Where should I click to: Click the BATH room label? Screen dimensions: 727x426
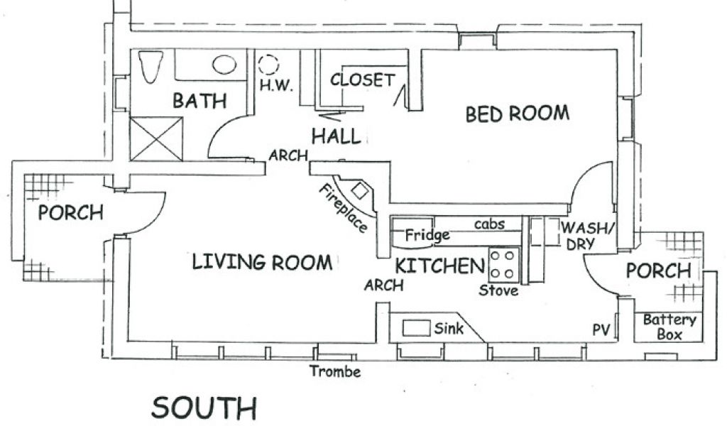click(199, 101)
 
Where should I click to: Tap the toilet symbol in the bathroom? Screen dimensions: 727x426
click(151, 67)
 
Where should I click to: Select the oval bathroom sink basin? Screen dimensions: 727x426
click(224, 65)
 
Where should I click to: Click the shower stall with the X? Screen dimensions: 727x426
click(156, 138)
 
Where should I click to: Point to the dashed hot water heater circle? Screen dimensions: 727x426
click(268, 65)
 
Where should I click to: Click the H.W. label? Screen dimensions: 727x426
click(276, 85)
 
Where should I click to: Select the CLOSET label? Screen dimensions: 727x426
click(362, 80)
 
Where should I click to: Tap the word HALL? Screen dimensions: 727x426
click(336, 136)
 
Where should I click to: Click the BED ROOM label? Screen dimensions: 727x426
click(517, 114)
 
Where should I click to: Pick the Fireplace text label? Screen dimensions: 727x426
click(343, 208)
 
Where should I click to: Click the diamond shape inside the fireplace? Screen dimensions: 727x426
click(360, 190)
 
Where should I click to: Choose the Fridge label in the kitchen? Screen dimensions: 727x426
click(427, 235)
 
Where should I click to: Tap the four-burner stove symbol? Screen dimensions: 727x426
click(503, 265)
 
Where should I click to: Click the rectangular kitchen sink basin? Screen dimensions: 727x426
click(416, 328)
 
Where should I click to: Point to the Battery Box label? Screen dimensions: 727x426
click(669, 327)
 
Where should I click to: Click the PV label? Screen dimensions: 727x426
click(601, 329)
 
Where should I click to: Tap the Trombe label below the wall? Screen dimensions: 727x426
click(335, 371)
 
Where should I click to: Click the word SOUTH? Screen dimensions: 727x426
click(204, 408)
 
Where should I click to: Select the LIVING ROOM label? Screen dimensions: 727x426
click(262, 262)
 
